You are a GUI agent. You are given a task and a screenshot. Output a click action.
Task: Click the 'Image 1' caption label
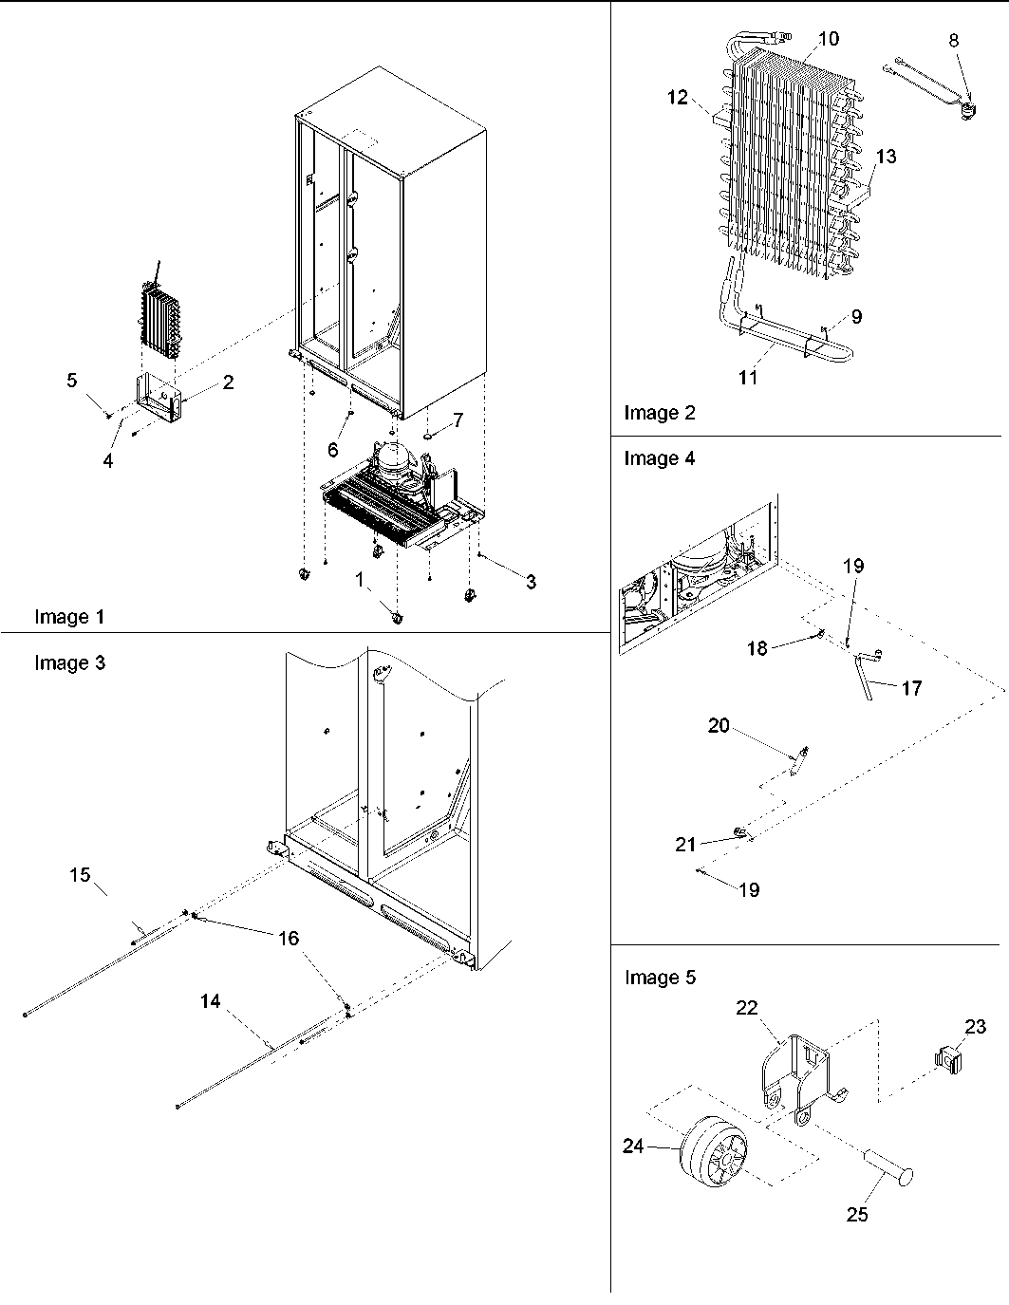pyautogui.click(x=69, y=617)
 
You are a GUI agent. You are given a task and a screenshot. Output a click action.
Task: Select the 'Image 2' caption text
pyautogui.click(x=659, y=412)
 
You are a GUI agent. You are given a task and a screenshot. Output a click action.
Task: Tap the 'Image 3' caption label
pyautogui.click(x=69, y=662)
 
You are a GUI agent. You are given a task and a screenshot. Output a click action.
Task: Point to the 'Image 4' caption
pyautogui.click(x=659, y=458)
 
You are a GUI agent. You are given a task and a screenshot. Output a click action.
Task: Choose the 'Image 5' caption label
pyautogui.click(x=660, y=978)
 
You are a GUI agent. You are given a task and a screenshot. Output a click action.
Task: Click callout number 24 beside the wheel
pyautogui.click(x=633, y=1147)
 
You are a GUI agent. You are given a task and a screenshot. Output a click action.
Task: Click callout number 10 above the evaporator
pyautogui.click(x=828, y=38)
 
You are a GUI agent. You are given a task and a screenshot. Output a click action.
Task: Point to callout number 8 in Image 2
pyautogui.click(x=953, y=40)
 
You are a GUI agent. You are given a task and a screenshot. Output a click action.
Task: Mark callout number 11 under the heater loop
pyautogui.click(x=748, y=378)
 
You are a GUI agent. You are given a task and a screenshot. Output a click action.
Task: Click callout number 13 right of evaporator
pyautogui.click(x=885, y=157)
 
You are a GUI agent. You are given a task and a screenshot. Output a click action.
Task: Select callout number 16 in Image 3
pyautogui.click(x=288, y=938)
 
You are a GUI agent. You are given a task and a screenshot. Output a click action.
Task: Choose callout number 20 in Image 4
pyautogui.click(x=719, y=726)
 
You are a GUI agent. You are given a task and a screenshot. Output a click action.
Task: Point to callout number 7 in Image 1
pyautogui.click(x=458, y=419)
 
